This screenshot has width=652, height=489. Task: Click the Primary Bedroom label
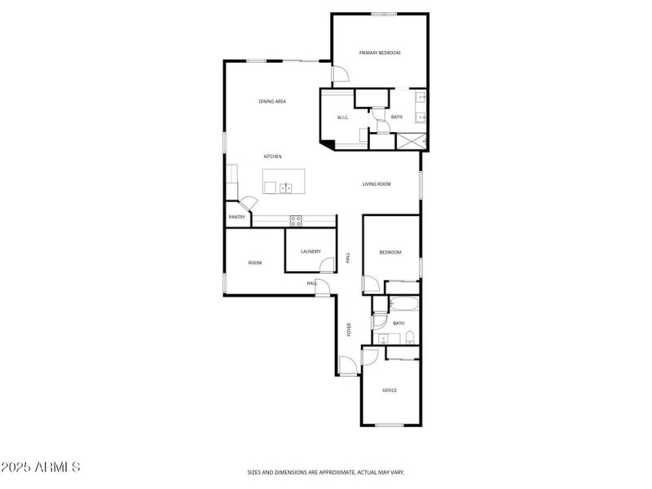click(380, 53)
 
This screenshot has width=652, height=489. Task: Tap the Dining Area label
click(272, 101)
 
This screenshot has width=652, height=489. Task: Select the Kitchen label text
click(273, 156)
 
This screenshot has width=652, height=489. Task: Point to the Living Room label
click(377, 184)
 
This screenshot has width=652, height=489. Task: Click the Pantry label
click(237, 217)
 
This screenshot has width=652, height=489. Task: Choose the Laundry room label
click(311, 252)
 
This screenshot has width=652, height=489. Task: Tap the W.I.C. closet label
click(343, 117)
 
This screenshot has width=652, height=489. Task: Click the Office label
click(390, 390)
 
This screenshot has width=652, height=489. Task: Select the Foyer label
click(349, 329)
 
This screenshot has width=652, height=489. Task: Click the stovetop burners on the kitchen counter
click(296, 221)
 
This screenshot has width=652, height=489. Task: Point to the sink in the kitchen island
click(286, 188)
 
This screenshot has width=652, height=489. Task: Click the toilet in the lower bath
click(410, 338)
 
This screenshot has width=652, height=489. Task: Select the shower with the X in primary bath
click(412, 141)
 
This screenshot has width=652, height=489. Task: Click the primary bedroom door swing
click(341, 74)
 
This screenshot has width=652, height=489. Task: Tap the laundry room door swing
click(328, 265)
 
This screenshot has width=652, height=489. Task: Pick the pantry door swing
click(249, 203)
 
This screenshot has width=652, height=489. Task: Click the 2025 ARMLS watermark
click(40, 467)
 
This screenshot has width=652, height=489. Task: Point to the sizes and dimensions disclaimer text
click(326, 473)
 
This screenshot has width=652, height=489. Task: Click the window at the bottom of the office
click(390, 425)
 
